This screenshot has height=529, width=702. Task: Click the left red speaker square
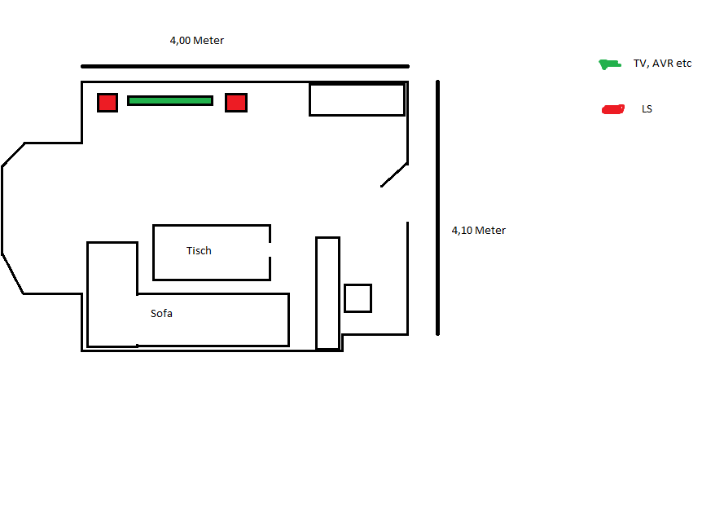[107, 103]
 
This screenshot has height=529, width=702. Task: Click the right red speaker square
[236, 103]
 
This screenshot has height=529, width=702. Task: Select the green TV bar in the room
[170, 101]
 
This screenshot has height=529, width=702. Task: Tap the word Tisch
[199, 251]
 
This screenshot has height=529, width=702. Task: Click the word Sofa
[161, 314]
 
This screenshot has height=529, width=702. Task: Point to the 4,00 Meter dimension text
[197, 41]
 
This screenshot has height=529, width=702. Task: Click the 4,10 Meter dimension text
[479, 231]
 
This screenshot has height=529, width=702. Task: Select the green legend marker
[609, 64]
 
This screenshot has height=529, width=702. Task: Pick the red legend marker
[612, 109]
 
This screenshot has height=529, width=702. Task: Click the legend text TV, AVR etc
[661, 64]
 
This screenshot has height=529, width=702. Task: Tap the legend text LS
[647, 109]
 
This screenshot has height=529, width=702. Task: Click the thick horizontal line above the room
[244, 67]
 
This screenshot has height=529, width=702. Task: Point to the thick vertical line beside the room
[438, 208]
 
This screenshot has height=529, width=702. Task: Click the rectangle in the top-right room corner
[357, 99]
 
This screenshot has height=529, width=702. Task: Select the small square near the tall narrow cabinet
[358, 298]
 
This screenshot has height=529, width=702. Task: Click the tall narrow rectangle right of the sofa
[327, 293]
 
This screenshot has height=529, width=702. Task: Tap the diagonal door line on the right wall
[394, 174]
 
